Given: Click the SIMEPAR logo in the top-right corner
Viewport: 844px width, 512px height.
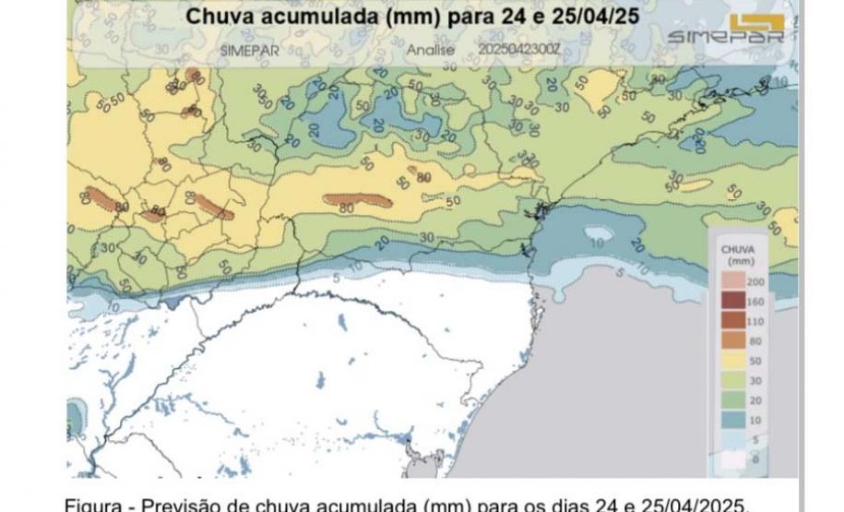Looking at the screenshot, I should tap(726, 30).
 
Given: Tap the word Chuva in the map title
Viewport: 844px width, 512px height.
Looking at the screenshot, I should tap(220, 16).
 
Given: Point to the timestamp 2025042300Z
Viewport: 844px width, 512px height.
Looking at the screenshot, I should tap(518, 48).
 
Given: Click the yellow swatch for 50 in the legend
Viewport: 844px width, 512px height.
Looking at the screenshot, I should tap(734, 361).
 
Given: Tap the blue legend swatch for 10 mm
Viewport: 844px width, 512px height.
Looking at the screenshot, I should tap(734, 419).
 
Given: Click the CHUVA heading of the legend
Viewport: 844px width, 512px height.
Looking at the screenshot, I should tap(739, 248).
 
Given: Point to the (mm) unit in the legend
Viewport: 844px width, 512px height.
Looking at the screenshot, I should tap(739, 261).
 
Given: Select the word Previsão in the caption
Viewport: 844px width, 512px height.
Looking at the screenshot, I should tap(188, 504).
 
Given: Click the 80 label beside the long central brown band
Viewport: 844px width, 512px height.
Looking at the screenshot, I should tap(348, 208).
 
